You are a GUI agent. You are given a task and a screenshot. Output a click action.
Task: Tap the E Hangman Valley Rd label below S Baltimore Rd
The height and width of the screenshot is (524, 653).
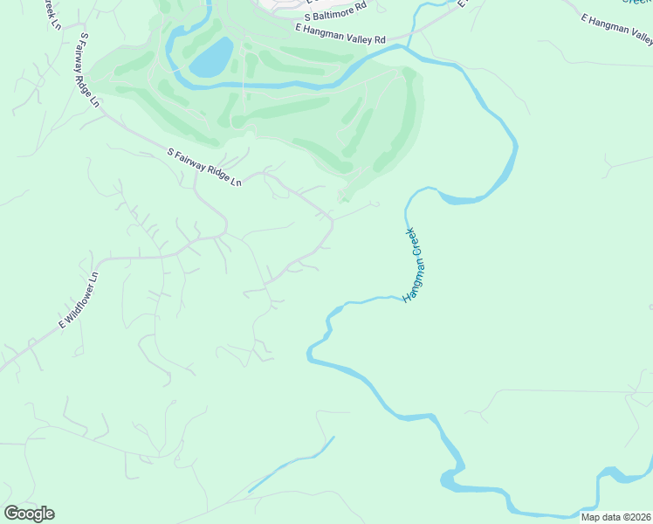(340, 34)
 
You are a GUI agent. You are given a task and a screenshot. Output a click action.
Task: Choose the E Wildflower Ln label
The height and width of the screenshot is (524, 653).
(79, 300)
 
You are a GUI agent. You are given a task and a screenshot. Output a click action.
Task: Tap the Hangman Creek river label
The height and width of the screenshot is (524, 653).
(412, 265)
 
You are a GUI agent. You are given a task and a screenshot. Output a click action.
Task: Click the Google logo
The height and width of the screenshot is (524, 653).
(29, 514)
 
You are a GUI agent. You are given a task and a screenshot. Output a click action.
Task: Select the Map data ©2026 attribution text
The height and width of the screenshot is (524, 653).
(616, 516)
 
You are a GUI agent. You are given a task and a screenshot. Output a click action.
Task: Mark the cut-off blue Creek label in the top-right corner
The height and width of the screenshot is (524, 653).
(638, 3)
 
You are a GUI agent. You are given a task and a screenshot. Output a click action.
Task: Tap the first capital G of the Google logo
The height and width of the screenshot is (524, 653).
(10, 514)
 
